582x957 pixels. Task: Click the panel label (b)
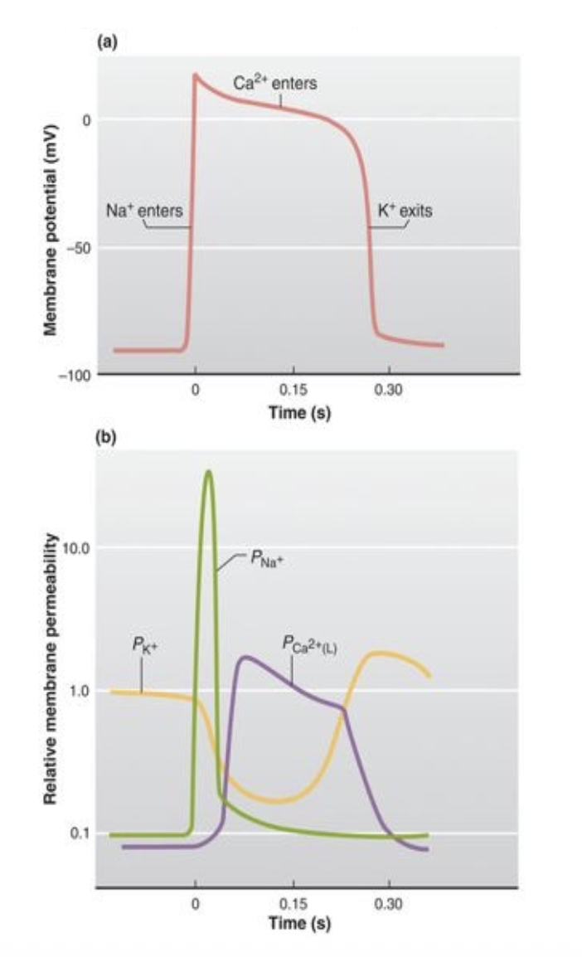point(107,439)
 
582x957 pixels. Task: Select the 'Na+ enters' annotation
point(143,211)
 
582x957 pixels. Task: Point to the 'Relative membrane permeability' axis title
point(51,670)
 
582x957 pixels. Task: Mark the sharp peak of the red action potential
point(195,74)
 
